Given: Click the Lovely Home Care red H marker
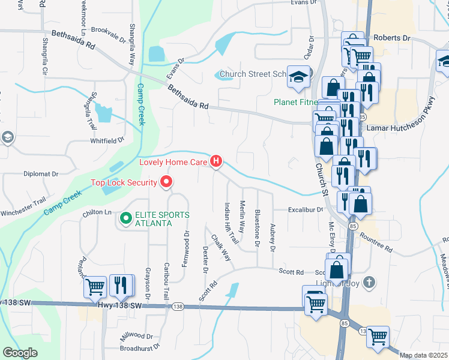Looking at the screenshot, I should (216, 161).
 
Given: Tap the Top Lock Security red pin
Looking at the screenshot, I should (166, 182).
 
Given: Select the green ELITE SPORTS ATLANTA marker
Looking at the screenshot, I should (125, 219).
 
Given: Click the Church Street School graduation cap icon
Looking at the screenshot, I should (297, 76).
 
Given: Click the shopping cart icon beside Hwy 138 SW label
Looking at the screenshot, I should (95, 287).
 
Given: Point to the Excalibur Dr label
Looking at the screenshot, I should (305, 210).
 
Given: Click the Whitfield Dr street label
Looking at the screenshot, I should (107, 139).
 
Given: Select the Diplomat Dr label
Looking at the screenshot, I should (41, 174).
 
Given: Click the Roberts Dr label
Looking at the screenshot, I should (391, 37).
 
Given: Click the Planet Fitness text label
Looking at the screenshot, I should (294, 102).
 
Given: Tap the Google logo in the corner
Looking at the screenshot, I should (21, 352).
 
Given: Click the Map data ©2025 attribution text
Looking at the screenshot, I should (424, 355).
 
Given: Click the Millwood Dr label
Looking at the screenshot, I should (138, 336).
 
